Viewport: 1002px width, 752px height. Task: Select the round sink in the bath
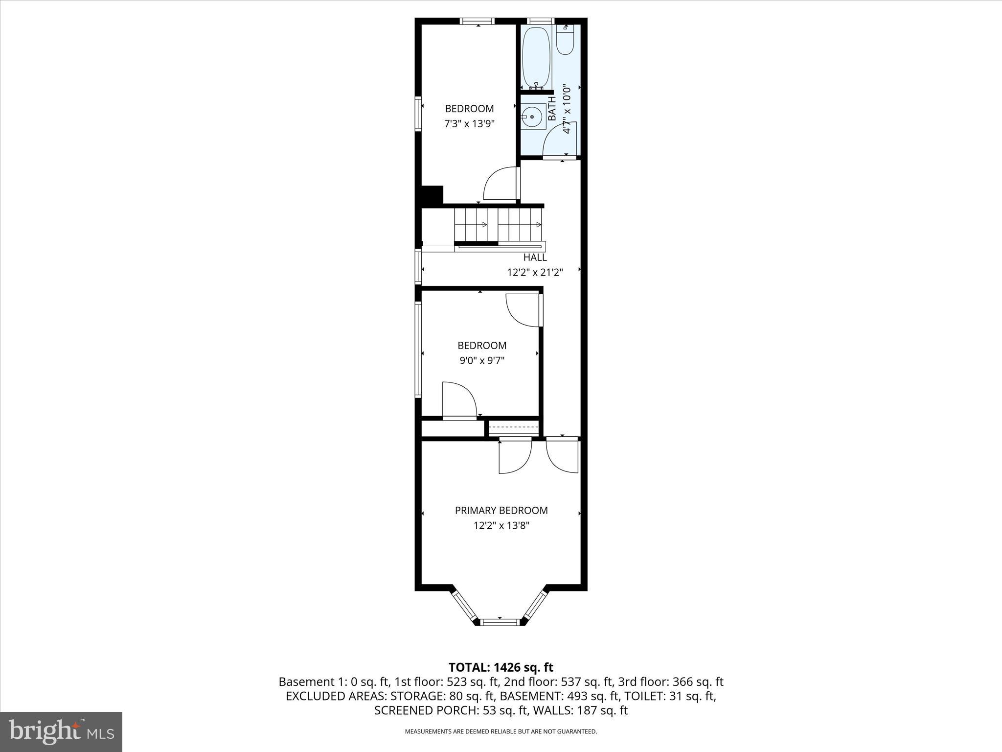click(532, 117)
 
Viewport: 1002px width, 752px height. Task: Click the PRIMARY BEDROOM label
click(501, 511)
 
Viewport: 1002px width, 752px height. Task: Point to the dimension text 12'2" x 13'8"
click(501, 526)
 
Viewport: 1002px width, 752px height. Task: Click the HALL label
click(535, 258)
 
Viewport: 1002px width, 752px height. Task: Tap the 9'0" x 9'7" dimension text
click(481, 361)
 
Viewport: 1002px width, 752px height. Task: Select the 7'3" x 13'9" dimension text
click(469, 124)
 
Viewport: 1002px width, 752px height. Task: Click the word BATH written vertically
click(552, 109)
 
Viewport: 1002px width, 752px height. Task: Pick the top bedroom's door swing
click(499, 184)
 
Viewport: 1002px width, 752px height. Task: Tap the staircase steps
click(498, 225)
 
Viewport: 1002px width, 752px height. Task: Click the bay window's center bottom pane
click(499, 622)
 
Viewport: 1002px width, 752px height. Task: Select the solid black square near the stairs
click(432, 194)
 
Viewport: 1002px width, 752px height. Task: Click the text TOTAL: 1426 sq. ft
click(501, 667)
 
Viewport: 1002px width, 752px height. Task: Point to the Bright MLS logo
click(61, 731)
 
